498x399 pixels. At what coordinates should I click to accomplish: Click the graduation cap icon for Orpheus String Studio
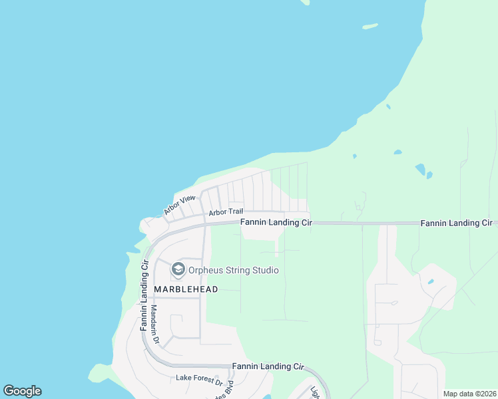coord(178,269)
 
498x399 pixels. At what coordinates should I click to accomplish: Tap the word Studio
coord(264,270)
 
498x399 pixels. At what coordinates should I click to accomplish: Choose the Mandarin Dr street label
coord(154,325)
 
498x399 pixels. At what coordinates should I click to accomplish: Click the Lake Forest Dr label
coord(199,378)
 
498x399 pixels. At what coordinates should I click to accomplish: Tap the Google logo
coord(22,391)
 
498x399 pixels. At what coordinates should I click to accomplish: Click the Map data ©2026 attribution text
coord(469,394)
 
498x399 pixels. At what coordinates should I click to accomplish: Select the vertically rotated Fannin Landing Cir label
coord(143,296)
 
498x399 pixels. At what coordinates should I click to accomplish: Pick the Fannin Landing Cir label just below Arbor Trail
coord(276,223)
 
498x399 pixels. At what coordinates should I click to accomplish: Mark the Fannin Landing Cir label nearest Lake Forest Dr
coord(268,366)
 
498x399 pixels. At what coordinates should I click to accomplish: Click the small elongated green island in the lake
coord(370,27)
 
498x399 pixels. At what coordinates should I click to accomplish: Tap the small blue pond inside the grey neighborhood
coord(431,282)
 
